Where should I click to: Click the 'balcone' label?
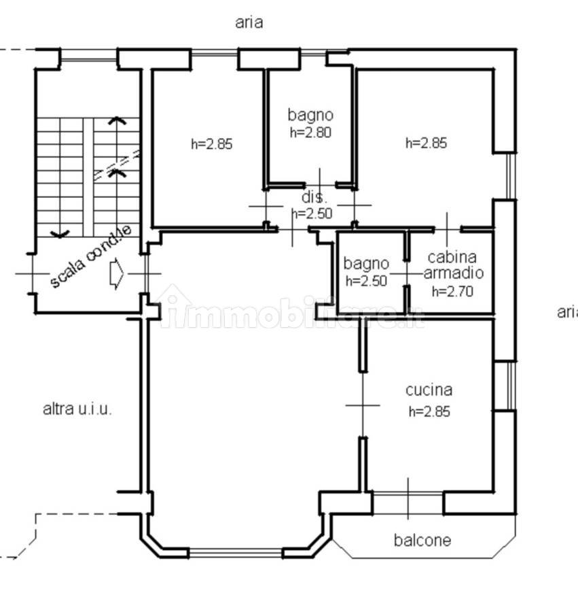[422, 540]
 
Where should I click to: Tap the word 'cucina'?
[429, 390]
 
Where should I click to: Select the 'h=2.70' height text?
[452, 291]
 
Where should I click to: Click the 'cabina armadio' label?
[453, 265]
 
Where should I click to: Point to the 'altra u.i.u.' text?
[77, 409]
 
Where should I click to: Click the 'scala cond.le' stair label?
[91, 256]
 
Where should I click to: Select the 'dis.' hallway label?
[314, 197]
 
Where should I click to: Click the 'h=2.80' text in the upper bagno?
[310, 133]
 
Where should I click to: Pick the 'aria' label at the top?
[249, 22]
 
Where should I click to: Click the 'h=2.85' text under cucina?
[429, 411]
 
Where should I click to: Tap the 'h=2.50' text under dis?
[312, 214]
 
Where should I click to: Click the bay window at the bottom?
[236, 552]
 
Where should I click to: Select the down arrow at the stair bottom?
[60, 234]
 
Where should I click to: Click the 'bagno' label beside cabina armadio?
[366, 264]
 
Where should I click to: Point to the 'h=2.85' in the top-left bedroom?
[212, 144]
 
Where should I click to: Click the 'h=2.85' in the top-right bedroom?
[426, 143]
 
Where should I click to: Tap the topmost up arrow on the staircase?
[117, 121]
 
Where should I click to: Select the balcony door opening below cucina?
[408, 503]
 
